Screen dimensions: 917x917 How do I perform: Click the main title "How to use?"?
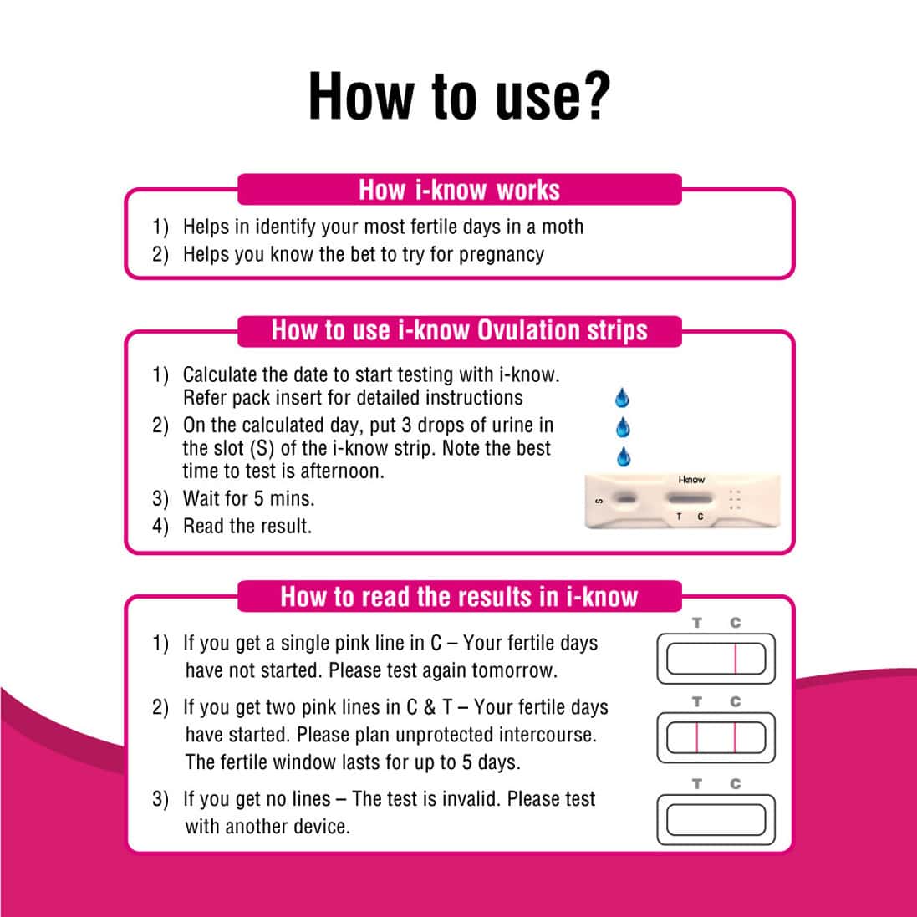459,96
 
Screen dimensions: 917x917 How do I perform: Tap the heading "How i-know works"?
459,190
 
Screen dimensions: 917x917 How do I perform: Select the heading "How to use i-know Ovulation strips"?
459,330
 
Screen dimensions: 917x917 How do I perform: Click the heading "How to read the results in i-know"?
459,596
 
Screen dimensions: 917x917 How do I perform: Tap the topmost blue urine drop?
622,398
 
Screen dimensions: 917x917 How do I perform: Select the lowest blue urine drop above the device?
623,457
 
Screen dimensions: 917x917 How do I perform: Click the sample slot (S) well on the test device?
624,500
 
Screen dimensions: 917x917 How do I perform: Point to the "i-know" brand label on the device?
691,480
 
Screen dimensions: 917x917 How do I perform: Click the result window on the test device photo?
690,499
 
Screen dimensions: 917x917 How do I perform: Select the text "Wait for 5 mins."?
248,499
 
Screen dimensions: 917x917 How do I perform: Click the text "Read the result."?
247,527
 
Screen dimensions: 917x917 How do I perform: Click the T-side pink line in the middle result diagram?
696,738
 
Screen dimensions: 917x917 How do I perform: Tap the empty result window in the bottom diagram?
716,819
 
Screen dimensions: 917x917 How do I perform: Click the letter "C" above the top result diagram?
735,623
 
